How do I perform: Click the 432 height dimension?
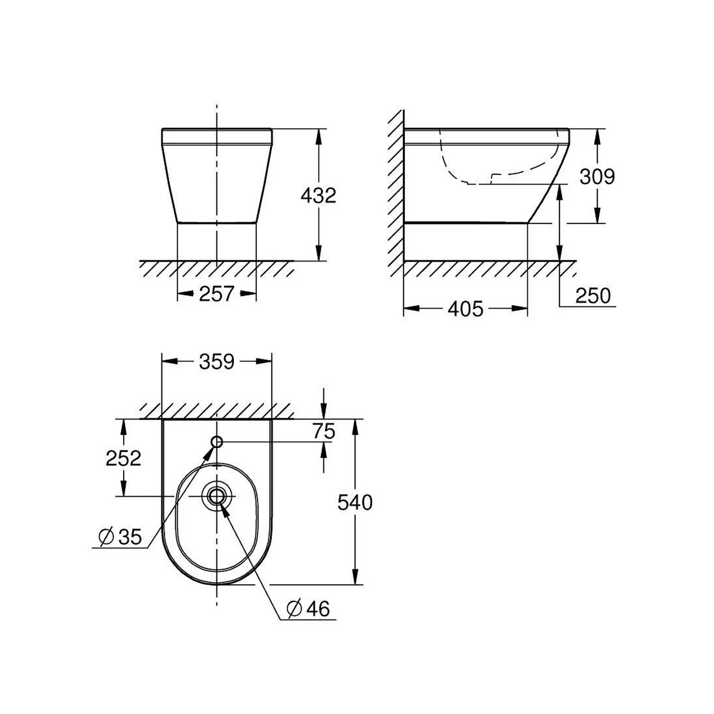[318, 196]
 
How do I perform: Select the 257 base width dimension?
[216, 294]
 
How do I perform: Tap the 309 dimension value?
[598, 177]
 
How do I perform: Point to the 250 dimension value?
[593, 296]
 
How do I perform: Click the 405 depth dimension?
[465, 309]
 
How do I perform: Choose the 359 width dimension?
[216, 362]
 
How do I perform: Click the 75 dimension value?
[324, 432]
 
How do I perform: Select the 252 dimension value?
[124, 458]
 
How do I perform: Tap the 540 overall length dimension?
[355, 503]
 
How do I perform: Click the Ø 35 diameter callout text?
[121, 537]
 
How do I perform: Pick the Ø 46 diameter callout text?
[309, 609]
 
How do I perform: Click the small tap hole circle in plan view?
[217, 442]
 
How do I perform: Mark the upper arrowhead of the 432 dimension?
[318, 135]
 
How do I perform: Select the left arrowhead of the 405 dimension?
[410, 309]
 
